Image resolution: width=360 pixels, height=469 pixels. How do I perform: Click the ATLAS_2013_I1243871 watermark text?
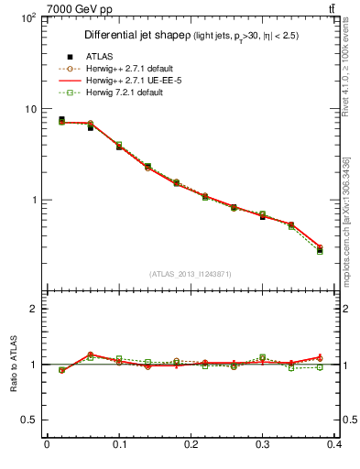pos(191,274)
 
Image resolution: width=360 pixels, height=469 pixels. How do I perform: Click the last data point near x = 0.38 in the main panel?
pos(320,249)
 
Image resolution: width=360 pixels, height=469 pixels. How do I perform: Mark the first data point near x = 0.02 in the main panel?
pos(61,120)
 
